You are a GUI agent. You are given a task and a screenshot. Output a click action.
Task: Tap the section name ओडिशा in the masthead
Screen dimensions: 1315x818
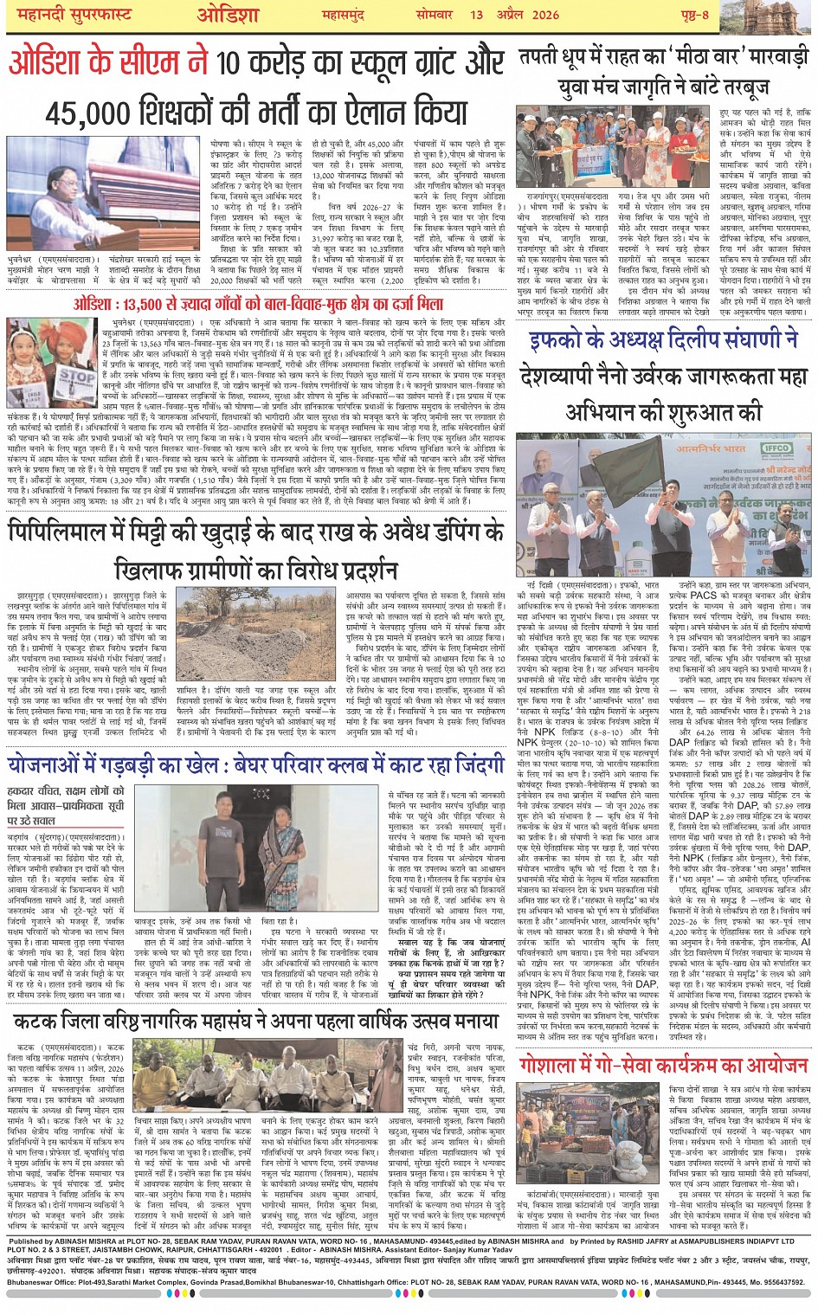228,15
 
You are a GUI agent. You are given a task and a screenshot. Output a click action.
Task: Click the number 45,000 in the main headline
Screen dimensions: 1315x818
96,113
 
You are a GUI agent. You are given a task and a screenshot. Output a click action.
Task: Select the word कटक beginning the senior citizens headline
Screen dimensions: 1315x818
39,1022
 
